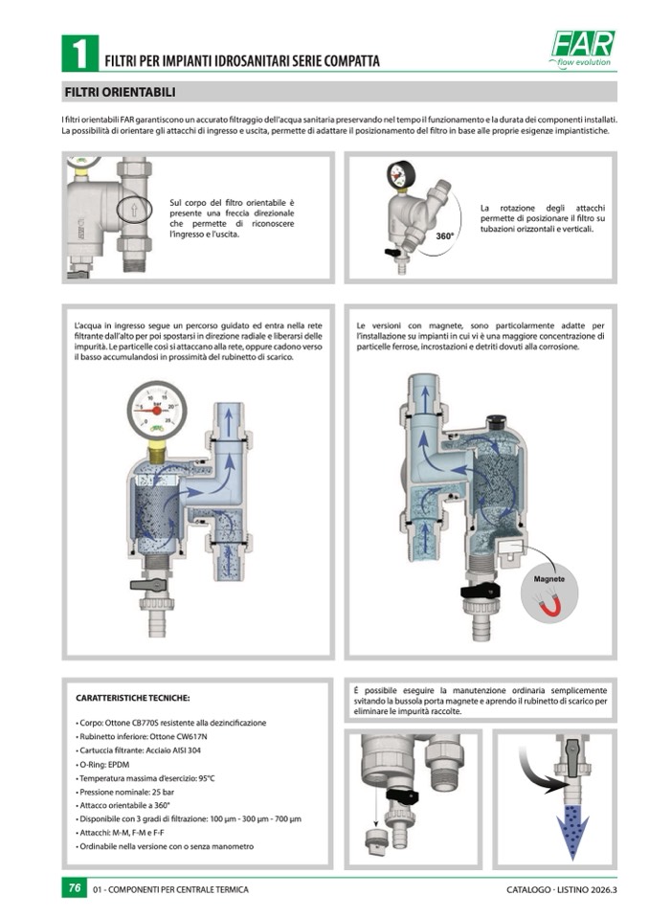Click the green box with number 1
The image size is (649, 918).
point(79,54)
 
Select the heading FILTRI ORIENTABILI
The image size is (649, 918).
point(120,93)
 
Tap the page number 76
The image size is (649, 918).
point(75,887)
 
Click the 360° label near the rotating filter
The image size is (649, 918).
point(445,236)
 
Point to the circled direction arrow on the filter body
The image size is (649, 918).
point(133,209)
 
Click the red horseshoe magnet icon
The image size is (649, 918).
point(548,603)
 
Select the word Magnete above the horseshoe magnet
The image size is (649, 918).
point(548,579)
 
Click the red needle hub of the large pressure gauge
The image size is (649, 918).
point(157,411)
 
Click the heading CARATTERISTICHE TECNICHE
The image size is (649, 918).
point(133,699)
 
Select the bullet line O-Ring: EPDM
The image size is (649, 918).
point(102,765)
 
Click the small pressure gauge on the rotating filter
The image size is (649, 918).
point(401,174)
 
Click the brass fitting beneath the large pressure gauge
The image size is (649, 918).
point(156,452)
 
